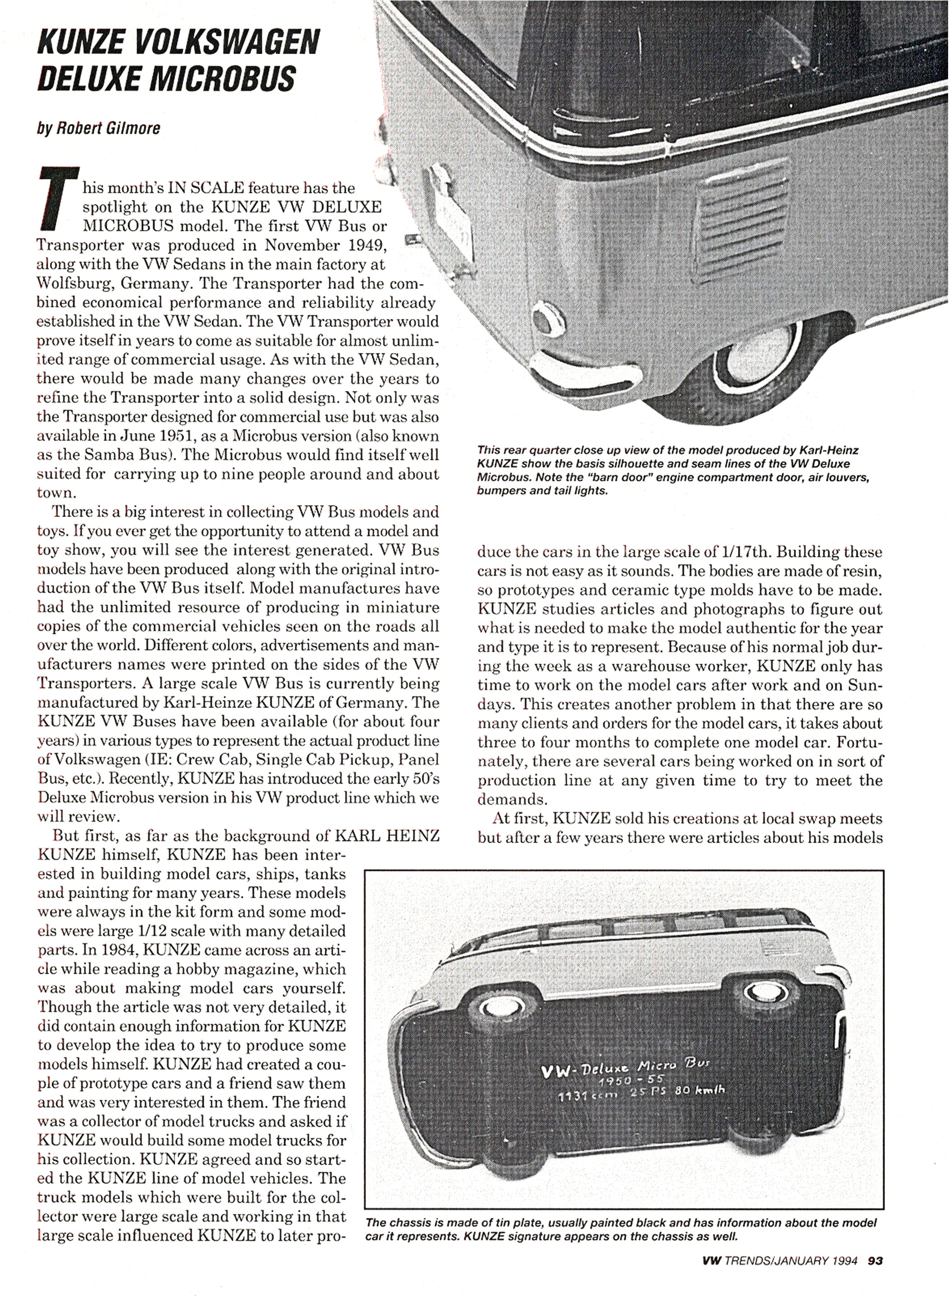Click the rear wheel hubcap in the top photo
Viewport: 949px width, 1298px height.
(x=747, y=365)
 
